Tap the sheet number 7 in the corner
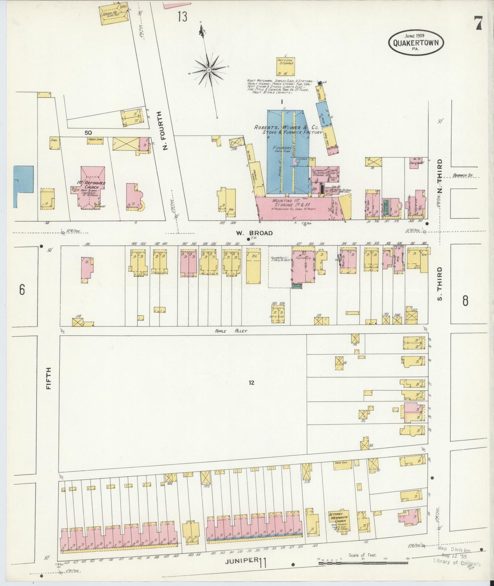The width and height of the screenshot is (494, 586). tap(478, 24)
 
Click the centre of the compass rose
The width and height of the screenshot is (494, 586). tap(209, 70)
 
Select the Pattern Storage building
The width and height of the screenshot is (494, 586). tap(285, 67)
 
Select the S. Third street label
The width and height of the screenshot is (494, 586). tap(440, 283)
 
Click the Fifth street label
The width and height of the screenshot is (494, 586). tap(49, 378)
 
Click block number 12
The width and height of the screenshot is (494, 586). tap(252, 383)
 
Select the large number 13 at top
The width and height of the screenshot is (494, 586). tap(182, 16)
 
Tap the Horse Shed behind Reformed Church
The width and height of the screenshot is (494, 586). tap(95, 140)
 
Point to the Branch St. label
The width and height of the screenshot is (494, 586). tap(463, 175)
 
